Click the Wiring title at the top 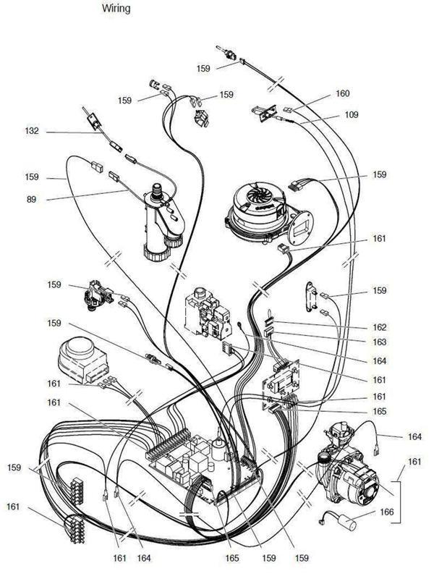pyautogui.click(x=116, y=8)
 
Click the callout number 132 pyautogui.click(x=32, y=131)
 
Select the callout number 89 pyautogui.click(x=31, y=200)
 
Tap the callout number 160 pyautogui.click(x=342, y=93)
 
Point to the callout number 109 pyautogui.click(x=352, y=115)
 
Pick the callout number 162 pyautogui.click(x=379, y=327)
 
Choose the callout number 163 pyautogui.click(x=379, y=342)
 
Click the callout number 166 pyautogui.click(x=387, y=512)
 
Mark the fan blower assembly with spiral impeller pyautogui.click(x=268, y=213)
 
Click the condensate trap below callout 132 pyautogui.click(x=162, y=221)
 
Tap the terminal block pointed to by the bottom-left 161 pyautogui.click(x=76, y=530)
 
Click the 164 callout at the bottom pyautogui.click(x=143, y=558)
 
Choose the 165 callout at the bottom pyautogui.click(x=232, y=558)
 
